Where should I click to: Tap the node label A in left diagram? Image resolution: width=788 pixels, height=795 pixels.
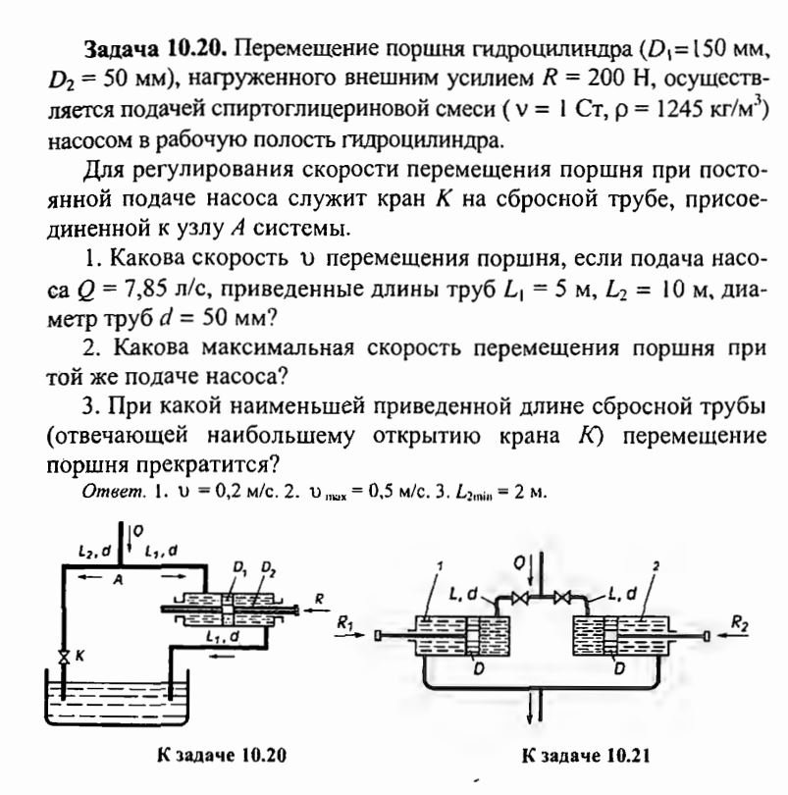pos(116,579)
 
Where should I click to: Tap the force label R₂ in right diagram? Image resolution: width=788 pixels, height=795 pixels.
pos(738,620)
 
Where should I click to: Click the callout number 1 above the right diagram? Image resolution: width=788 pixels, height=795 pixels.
pos(444,566)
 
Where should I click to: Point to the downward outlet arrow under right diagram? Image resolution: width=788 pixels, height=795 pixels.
pos(534,705)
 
